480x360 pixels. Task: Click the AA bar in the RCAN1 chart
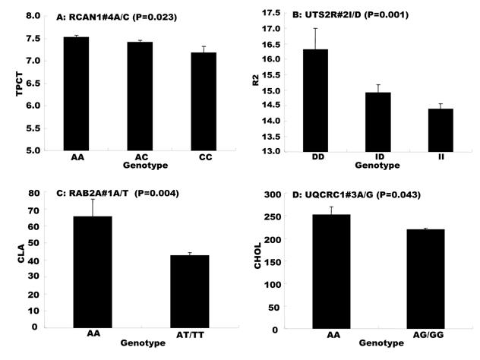(76, 93)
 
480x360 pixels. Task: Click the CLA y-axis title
(10, 261)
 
